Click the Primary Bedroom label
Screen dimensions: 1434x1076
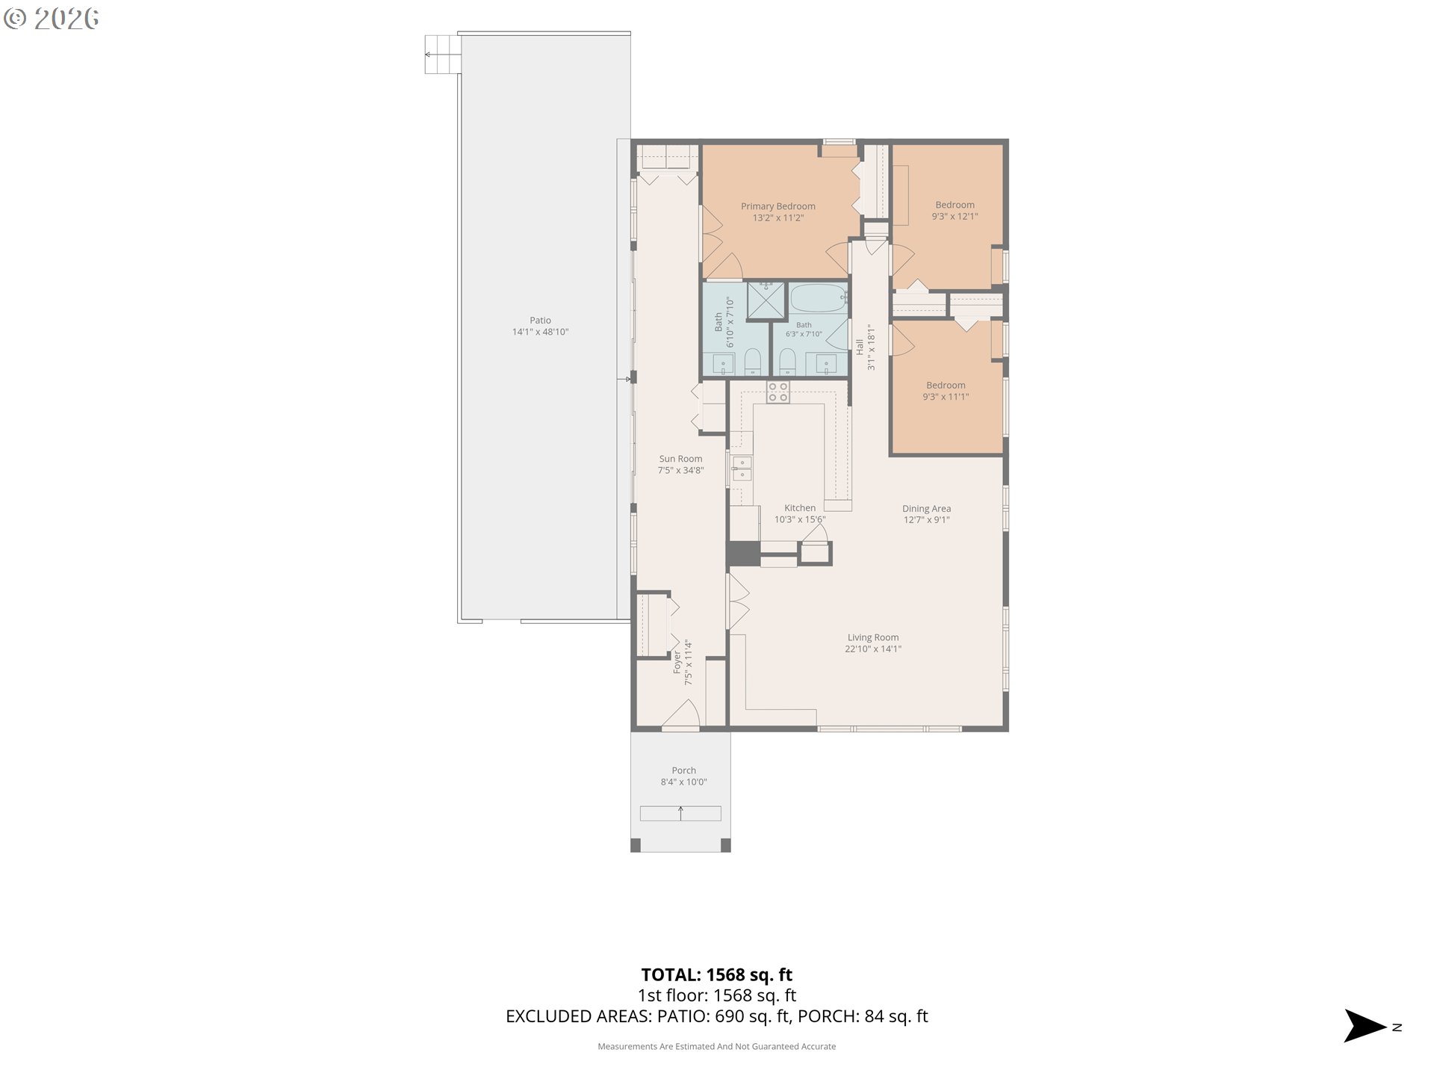pyautogui.click(x=777, y=206)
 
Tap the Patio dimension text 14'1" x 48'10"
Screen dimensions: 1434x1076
pyautogui.click(x=540, y=332)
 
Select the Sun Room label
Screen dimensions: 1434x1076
pyautogui.click(x=680, y=459)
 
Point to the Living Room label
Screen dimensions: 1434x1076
pyautogui.click(x=873, y=637)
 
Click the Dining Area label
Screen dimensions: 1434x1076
pyautogui.click(x=926, y=509)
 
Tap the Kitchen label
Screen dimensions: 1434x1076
pyautogui.click(x=800, y=508)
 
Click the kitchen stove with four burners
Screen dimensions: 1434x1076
pyautogui.click(x=777, y=392)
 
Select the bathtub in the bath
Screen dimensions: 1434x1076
pyautogui.click(x=818, y=298)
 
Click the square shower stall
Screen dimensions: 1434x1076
pyautogui.click(x=766, y=300)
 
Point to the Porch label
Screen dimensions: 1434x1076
pyautogui.click(x=683, y=770)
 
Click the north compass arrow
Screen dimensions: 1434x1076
pyautogui.click(x=1365, y=1026)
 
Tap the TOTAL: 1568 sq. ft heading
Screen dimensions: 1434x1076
pyautogui.click(x=717, y=974)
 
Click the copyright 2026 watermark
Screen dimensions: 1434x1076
pyautogui.click(x=51, y=19)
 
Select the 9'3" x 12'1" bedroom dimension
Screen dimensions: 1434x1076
pyautogui.click(x=955, y=217)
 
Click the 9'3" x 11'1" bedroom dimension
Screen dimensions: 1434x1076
pyautogui.click(x=946, y=398)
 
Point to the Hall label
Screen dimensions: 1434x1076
pyautogui.click(x=860, y=347)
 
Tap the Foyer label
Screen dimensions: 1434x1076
pyautogui.click(x=677, y=663)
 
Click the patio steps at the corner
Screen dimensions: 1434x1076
pyautogui.click(x=441, y=55)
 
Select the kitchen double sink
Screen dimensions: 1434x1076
pyautogui.click(x=742, y=469)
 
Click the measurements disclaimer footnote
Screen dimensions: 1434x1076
pyautogui.click(x=717, y=1047)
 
